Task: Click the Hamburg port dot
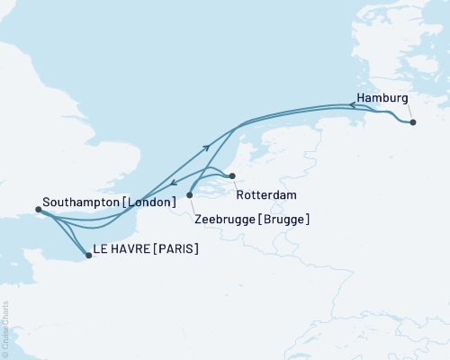pos(412,122)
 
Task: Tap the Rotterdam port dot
pos(231,175)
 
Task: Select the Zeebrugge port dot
pos(189,194)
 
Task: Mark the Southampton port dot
pos(38,210)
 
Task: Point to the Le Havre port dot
pos(88,256)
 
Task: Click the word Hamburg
pos(382,97)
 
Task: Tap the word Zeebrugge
pos(222,219)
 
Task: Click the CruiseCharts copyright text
pos(5,329)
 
